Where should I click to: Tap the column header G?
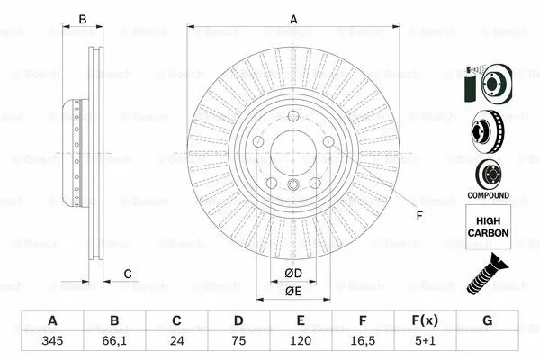(x=487, y=321)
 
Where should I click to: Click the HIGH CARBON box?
(x=489, y=226)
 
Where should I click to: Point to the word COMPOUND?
(x=489, y=195)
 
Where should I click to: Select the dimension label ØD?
(x=292, y=273)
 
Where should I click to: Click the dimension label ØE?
(x=292, y=291)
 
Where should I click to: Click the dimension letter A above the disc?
(x=293, y=19)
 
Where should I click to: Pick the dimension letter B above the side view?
(x=82, y=19)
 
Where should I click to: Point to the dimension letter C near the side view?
(x=128, y=274)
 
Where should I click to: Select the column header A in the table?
(x=52, y=321)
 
